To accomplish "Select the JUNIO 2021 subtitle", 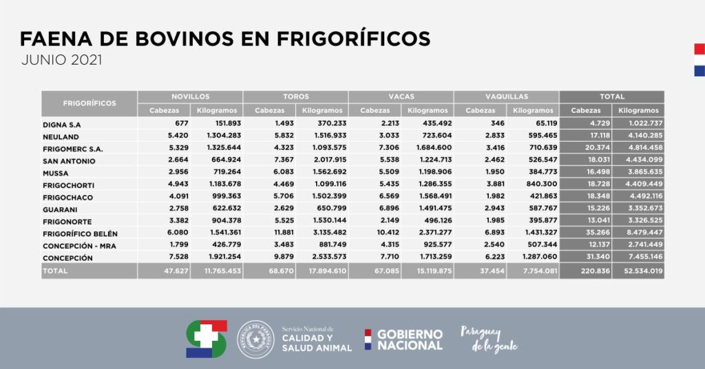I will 61,60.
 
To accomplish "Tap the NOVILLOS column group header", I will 190,97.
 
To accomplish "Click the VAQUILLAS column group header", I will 507,97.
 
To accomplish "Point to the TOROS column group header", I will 295,97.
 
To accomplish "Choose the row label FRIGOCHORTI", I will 68,185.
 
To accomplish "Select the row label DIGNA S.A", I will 63,125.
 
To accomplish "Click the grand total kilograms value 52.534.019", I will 639,272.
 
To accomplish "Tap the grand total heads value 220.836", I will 587,272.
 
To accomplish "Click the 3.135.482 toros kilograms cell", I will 322,233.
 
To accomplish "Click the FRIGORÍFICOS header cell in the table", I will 90,103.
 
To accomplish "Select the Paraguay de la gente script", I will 489,339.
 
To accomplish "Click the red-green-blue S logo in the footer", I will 206,339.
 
